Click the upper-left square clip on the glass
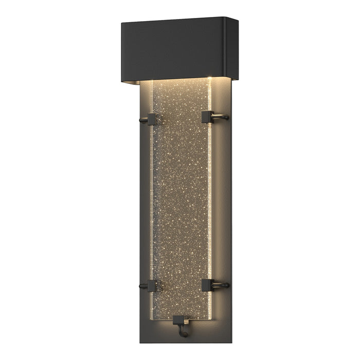152,119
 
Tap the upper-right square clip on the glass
207,117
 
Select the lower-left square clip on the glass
152,286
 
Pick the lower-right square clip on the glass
207,284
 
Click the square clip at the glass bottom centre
178,321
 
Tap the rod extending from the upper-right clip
221,117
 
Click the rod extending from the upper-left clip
142,121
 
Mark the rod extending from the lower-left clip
142,286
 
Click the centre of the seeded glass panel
180,201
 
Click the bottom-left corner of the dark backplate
140,343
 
